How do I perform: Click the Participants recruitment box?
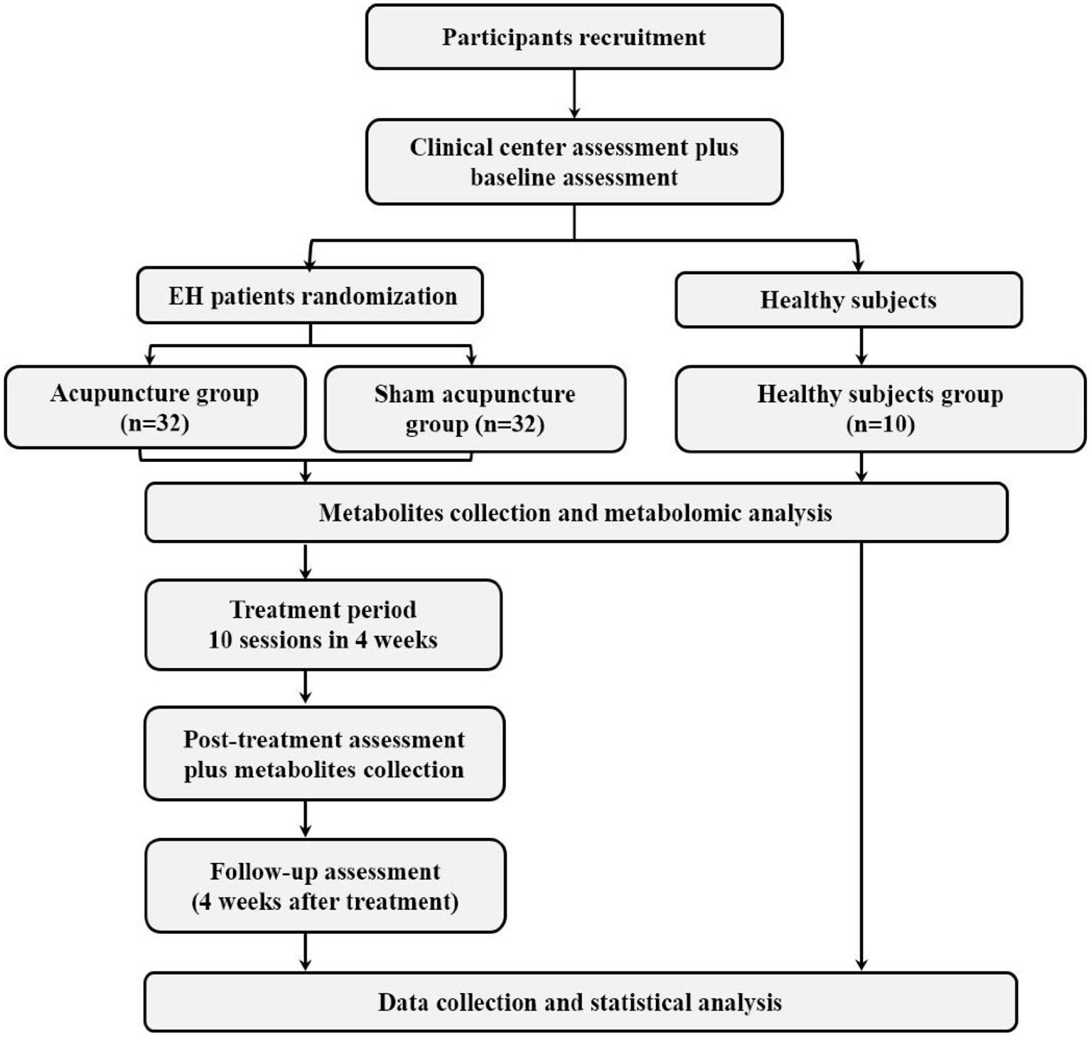point(574,37)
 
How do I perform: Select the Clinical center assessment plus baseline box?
point(574,162)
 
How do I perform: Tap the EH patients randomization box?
point(311,296)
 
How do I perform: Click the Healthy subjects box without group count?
point(848,300)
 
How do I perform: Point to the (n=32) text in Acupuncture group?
point(154,424)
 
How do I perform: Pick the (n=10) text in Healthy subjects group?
point(880,424)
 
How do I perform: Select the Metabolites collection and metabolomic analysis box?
point(576,512)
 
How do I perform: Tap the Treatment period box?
point(323,625)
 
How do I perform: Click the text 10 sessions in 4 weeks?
point(323,640)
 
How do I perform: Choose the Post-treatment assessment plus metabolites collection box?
point(324,753)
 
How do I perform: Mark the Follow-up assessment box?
point(325,886)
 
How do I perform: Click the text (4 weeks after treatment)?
point(325,901)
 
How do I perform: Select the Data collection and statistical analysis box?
point(580,1002)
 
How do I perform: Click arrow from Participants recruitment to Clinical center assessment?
point(574,94)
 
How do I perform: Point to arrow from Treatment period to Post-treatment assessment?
point(306,687)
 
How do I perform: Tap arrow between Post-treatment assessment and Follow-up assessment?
point(306,820)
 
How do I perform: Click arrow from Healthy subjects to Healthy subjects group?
point(861,346)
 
